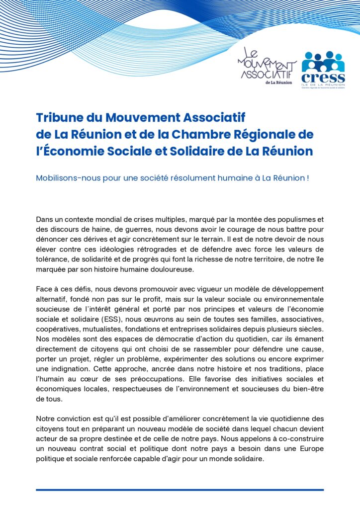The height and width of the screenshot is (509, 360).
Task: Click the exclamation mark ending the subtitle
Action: (308, 177)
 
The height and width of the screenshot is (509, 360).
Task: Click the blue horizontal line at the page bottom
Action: (180, 490)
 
